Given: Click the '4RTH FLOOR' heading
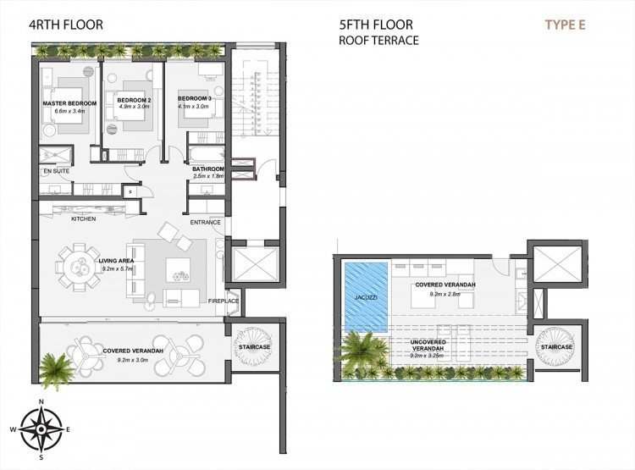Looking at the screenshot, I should pos(66,25).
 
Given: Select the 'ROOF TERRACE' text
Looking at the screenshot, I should pos(378,40).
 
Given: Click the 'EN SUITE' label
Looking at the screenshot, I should pos(55,172).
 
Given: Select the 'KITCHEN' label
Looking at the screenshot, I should pos(83,219).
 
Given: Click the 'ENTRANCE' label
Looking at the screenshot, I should pos(205,223).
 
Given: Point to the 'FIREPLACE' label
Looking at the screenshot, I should pos(224,301).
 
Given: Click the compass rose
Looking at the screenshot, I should pos(41,429).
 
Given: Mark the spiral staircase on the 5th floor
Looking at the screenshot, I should pos(556,347).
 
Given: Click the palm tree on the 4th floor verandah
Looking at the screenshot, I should pos(57,369).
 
